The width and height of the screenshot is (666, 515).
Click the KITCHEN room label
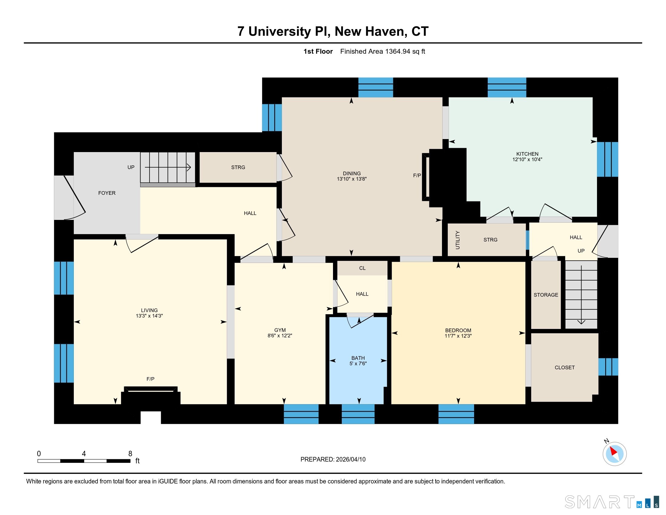point(527,154)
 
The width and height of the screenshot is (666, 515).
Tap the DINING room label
point(351,174)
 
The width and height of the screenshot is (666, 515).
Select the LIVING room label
point(150,310)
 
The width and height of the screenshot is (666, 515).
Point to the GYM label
point(280,330)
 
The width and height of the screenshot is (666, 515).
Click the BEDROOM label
point(458,331)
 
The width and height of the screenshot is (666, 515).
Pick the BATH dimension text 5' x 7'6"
point(358,364)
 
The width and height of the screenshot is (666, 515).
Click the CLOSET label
point(565,368)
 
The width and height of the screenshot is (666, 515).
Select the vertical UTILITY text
point(457,240)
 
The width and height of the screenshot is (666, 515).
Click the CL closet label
point(362,268)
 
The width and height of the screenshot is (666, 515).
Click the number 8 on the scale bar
point(130,454)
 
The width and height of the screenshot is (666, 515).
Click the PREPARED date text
point(333,460)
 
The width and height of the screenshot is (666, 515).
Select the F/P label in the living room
point(150,379)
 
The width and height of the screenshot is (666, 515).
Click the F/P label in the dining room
point(417,175)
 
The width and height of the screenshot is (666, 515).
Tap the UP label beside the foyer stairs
point(131,167)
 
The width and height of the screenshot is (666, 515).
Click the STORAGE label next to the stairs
point(546,295)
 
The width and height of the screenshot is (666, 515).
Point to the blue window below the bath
point(358,414)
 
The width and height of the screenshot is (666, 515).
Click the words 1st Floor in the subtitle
point(318,51)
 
